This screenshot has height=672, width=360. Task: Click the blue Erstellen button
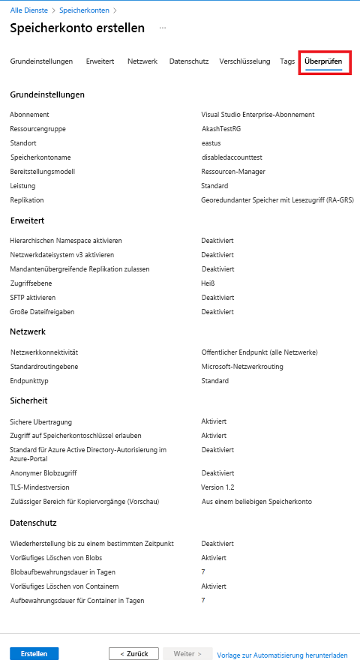coord(34,653)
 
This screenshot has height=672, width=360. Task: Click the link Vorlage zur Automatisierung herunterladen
coord(282,655)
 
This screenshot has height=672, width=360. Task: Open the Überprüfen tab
coord(324,61)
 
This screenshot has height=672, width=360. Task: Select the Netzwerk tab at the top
coord(142,61)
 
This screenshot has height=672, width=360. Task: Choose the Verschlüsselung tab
coord(244,61)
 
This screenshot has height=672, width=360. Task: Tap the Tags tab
coord(287,61)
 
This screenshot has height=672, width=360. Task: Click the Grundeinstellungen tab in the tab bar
coord(42,61)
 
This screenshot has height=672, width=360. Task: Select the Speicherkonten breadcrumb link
coord(83,10)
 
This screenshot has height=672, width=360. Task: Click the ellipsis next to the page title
coord(162,28)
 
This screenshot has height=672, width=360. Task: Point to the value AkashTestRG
coord(220,129)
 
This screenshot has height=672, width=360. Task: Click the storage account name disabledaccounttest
coord(232,157)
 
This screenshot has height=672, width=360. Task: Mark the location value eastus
coord(211,143)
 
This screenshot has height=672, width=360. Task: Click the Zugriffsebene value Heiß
coord(208,283)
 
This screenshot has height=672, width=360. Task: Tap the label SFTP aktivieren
coord(33,298)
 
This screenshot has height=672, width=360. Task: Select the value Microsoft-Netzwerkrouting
coord(241,367)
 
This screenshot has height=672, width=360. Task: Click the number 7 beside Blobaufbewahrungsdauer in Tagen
coord(203,572)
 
